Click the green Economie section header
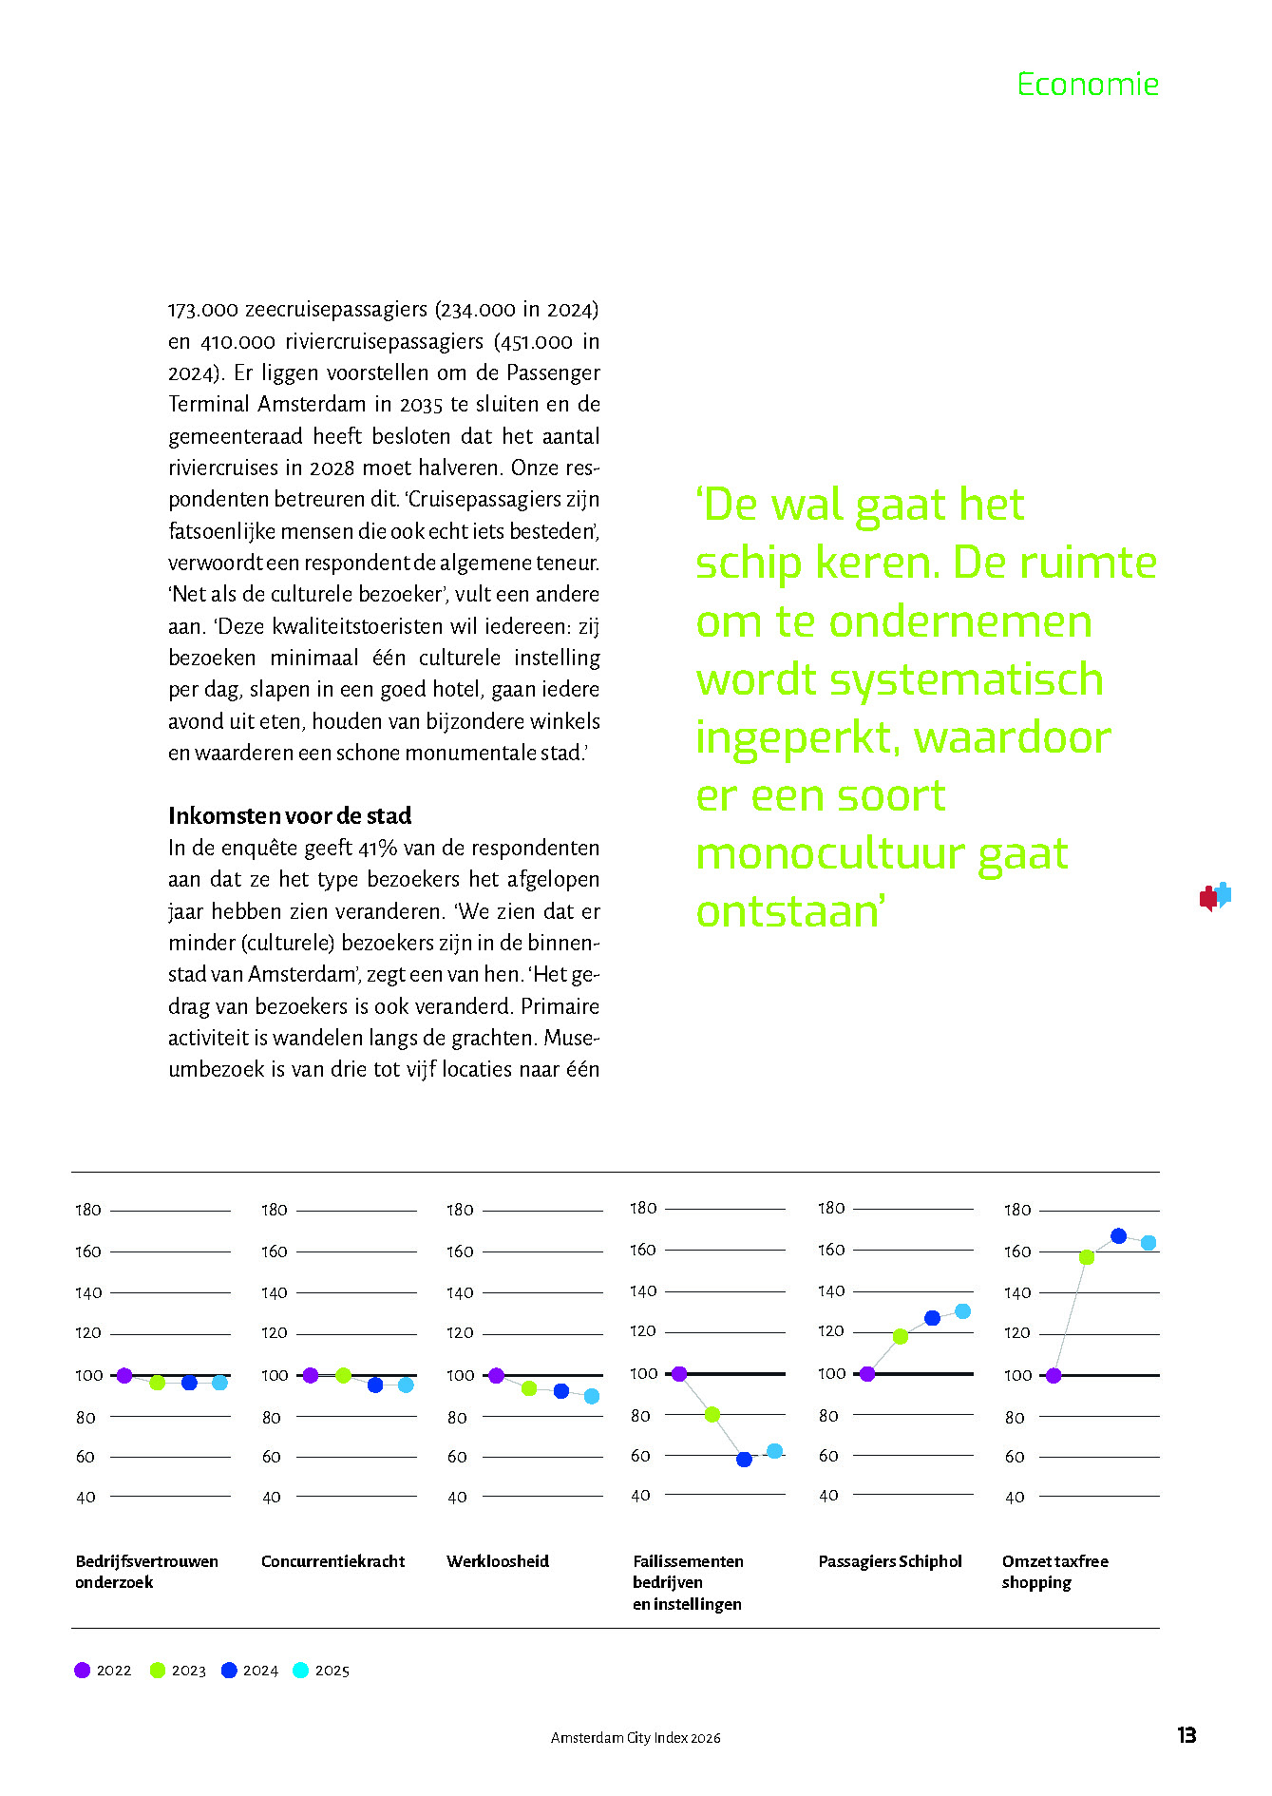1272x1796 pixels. [1088, 85]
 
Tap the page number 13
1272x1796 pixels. [1187, 1735]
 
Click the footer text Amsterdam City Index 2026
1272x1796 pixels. [636, 1737]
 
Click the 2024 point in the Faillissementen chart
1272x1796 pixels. [744, 1459]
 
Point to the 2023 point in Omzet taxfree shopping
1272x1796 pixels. [1087, 1257]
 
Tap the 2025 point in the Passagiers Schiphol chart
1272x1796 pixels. [962, 1311]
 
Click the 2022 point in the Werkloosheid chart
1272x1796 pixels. [496, 1375]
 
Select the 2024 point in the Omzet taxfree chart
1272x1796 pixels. [1118, 1236]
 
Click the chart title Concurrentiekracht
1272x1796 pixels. [332, 1561]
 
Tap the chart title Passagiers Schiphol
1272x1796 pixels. [890, 1561]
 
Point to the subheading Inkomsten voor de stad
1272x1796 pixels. [290, 815]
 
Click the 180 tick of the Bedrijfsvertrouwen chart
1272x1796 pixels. [88, 1210]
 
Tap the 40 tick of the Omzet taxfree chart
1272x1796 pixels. [1015, 1497]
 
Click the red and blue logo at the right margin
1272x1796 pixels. [1214, 896]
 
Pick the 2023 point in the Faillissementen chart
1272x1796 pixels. [712, 1414]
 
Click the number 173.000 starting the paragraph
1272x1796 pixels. [202, 310]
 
